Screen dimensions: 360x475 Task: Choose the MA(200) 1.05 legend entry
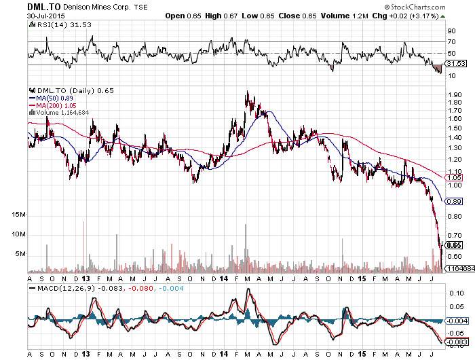[x=52, y=105]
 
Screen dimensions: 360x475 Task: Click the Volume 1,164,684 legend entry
[x=60, y=112]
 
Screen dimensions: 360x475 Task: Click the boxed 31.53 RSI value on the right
[x=453, y=64]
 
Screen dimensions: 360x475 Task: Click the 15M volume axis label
[x=18, y=215]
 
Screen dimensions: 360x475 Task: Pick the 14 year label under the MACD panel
[x=223, y=354]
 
